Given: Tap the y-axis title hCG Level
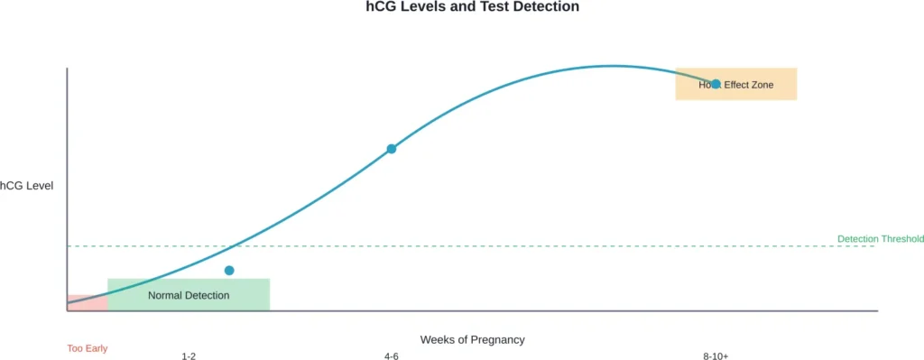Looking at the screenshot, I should click(27, 186).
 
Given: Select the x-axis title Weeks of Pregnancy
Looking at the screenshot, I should click(472, 340).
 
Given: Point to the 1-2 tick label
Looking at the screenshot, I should click(189, 357).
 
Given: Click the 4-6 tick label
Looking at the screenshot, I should click(392, 357).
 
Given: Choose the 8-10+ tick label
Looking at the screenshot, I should click(716, 357).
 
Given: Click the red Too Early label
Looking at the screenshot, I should click(88, 348).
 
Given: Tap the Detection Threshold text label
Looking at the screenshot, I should click(880, 239).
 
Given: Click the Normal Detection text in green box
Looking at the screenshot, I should click(189, 295).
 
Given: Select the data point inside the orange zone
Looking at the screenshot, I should click(716, 84).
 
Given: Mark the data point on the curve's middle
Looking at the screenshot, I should click(392, 149).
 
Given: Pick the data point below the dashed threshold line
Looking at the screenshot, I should click(229, 271).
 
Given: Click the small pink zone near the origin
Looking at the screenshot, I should click(87, 302).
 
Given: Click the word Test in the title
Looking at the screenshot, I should click(500, 7).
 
